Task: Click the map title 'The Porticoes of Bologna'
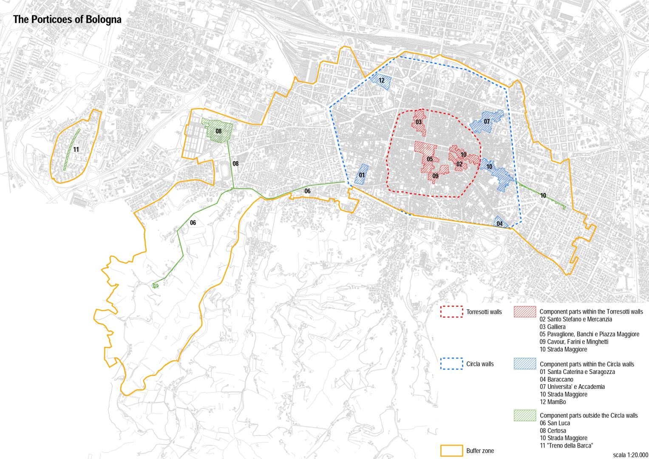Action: point(67,20)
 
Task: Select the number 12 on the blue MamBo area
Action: point(381,80)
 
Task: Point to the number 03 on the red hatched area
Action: point(419,122)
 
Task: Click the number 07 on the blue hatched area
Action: point(487,122)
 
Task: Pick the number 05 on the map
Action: point(430,159)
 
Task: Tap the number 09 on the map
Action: point(435,176)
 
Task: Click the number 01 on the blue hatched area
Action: point(362,175)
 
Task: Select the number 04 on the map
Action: point(499,224)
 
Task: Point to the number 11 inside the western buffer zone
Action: point(76,149)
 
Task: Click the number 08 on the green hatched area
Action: point(218,131)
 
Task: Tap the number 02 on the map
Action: point(459,164)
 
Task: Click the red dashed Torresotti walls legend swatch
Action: point(451,312)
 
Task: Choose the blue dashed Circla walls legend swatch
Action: point(451,364)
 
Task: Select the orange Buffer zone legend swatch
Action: point(451,450)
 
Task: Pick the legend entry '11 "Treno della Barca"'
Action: point(566,445)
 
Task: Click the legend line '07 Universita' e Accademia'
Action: point(572,387)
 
